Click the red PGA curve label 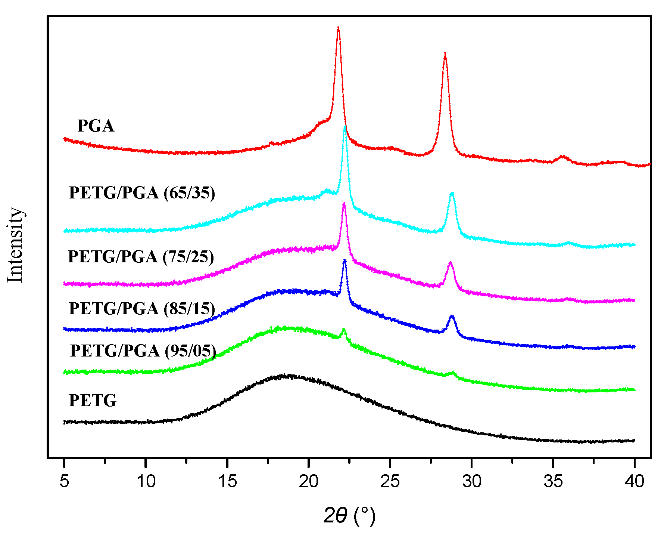96,126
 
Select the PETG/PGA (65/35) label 142,193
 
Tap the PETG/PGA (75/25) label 141,257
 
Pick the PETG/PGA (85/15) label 142,309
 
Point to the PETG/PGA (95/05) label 143,351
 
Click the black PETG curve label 93,401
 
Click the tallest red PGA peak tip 338,28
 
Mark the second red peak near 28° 445,55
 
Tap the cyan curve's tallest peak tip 345,127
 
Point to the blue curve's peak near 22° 345,260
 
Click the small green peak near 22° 344,329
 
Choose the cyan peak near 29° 452,193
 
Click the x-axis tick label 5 64,481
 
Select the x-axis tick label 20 308,481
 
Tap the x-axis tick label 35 553,481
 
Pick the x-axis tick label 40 634,481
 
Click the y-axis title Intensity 16,245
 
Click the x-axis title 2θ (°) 349,516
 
